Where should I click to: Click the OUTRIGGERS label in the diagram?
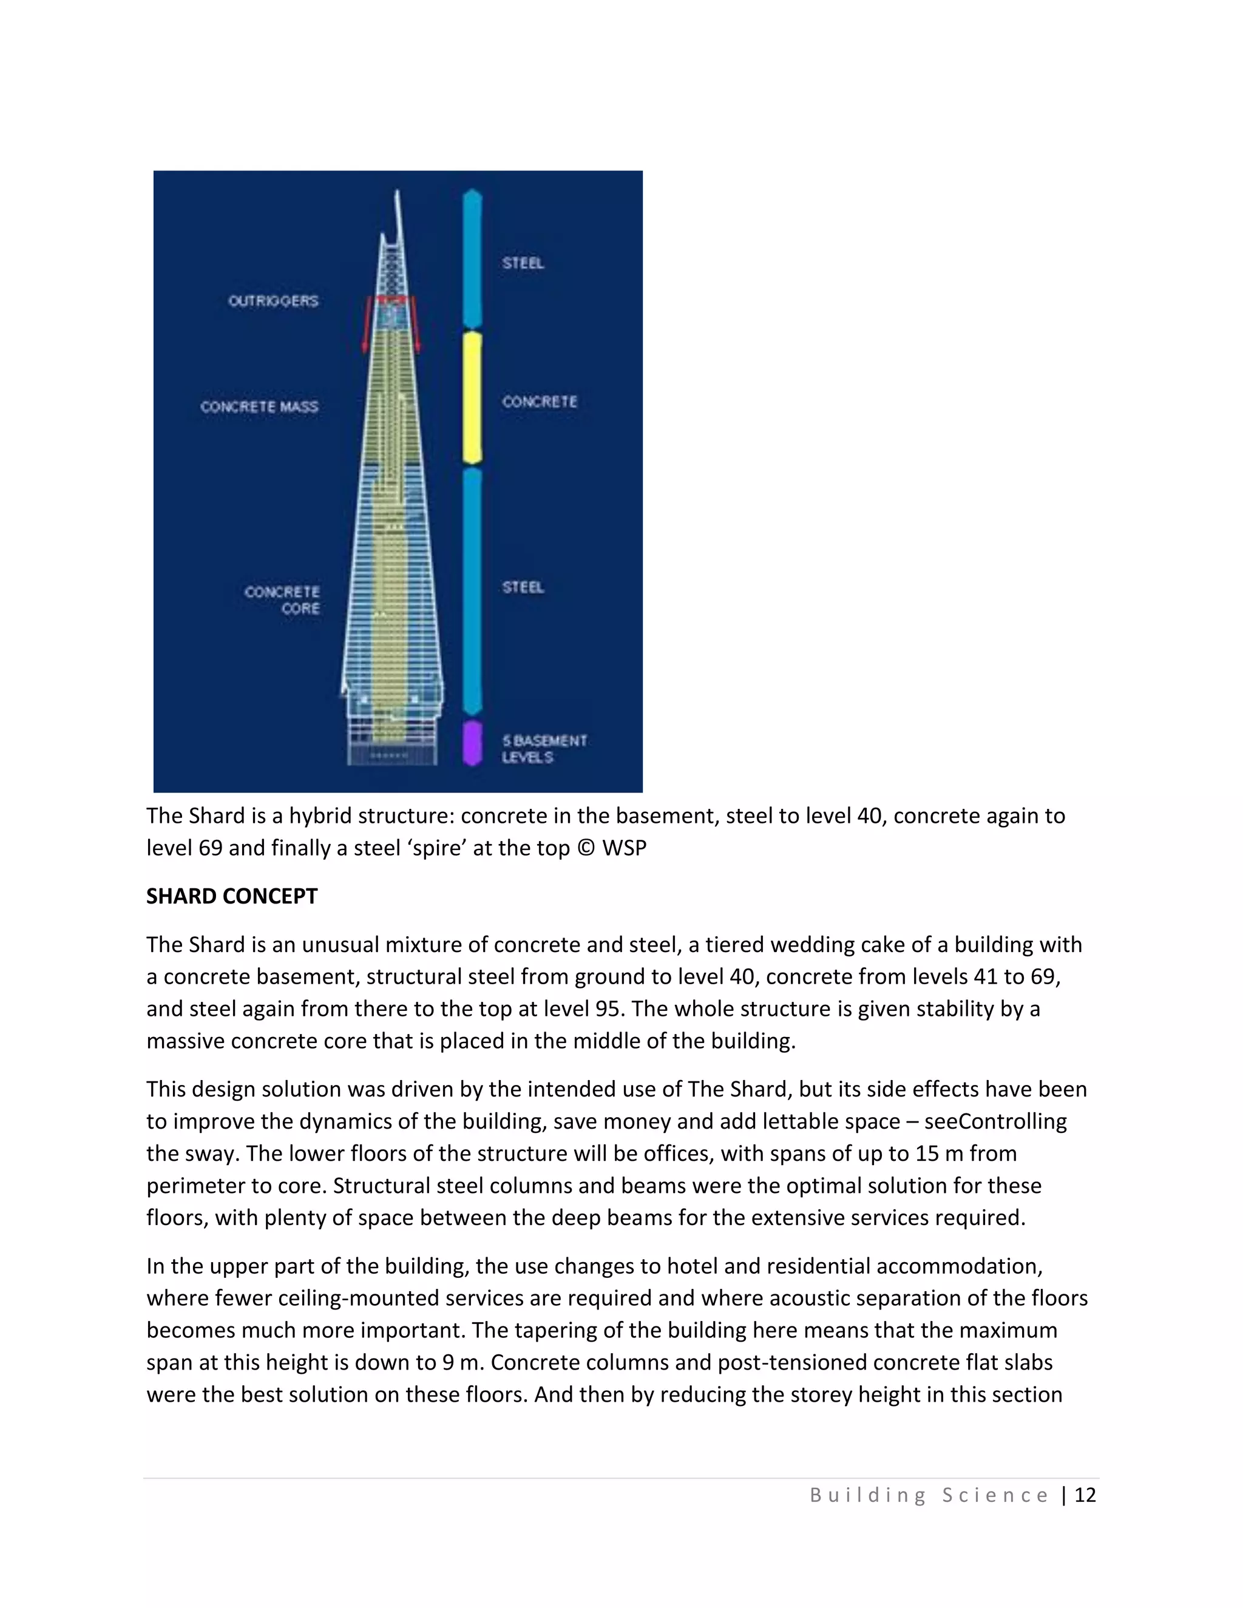273,301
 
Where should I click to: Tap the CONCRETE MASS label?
259,407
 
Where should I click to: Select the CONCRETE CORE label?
283,600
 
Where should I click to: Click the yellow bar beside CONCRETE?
472,397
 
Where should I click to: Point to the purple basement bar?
472,743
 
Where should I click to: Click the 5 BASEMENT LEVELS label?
544,749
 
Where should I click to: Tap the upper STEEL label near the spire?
523,263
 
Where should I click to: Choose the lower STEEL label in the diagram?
523,587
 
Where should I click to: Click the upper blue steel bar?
472,258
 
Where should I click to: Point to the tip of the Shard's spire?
398,193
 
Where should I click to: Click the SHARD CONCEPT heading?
231,896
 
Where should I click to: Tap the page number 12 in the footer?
1085,1495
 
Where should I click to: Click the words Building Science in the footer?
929,1495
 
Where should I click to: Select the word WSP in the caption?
624,848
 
